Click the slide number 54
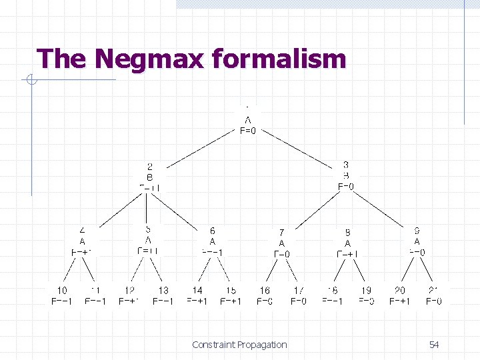[434, 345]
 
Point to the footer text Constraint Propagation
[239, 345]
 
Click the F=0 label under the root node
[247, 131]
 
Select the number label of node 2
[150, 167]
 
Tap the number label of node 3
[346, 165]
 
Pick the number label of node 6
[213, 231]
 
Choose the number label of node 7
[282, 233]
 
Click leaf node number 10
[61, 291]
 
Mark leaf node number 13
[163, 291]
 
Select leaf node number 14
[197, 291]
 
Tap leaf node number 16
[265, 291]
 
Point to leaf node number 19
[366, 291]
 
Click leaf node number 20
[400, 291]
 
